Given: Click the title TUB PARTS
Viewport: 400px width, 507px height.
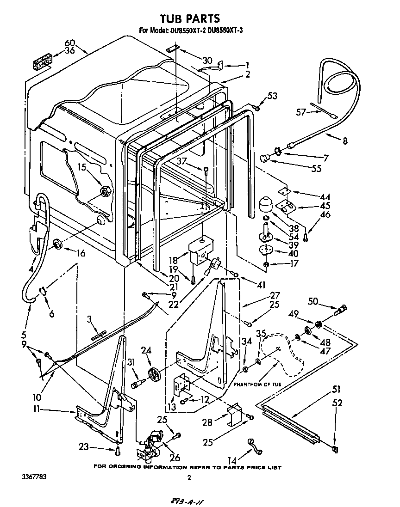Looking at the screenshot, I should click(x=189, y=19).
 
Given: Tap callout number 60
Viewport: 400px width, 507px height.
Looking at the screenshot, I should click(x=69, y=43).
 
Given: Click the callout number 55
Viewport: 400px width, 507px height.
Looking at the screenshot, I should click(x=316, y=169).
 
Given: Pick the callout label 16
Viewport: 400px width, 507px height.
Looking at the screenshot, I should click(x=81, y=253).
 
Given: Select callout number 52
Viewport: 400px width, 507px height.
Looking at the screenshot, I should click(x=337, y=403).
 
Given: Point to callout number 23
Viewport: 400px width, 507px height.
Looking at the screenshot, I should click(x=83, y=446).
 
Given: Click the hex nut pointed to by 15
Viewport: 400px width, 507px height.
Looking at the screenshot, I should click(x=104, y=190).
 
